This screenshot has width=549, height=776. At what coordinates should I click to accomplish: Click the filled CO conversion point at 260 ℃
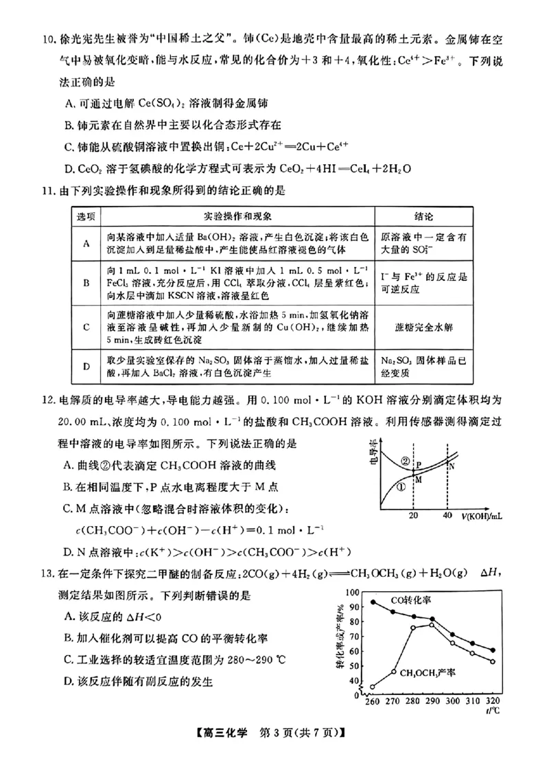point(373,602)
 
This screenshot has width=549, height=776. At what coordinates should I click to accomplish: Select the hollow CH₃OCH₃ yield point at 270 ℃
point(393,672)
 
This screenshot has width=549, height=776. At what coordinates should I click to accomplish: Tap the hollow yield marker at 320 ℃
point(493,661)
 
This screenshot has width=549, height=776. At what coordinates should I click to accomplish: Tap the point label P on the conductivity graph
point(419,465)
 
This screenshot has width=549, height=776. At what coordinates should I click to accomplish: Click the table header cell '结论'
point(424,216)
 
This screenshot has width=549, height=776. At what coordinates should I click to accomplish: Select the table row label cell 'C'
point(86,327)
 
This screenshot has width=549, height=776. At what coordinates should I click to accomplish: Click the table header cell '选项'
point(86,216)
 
